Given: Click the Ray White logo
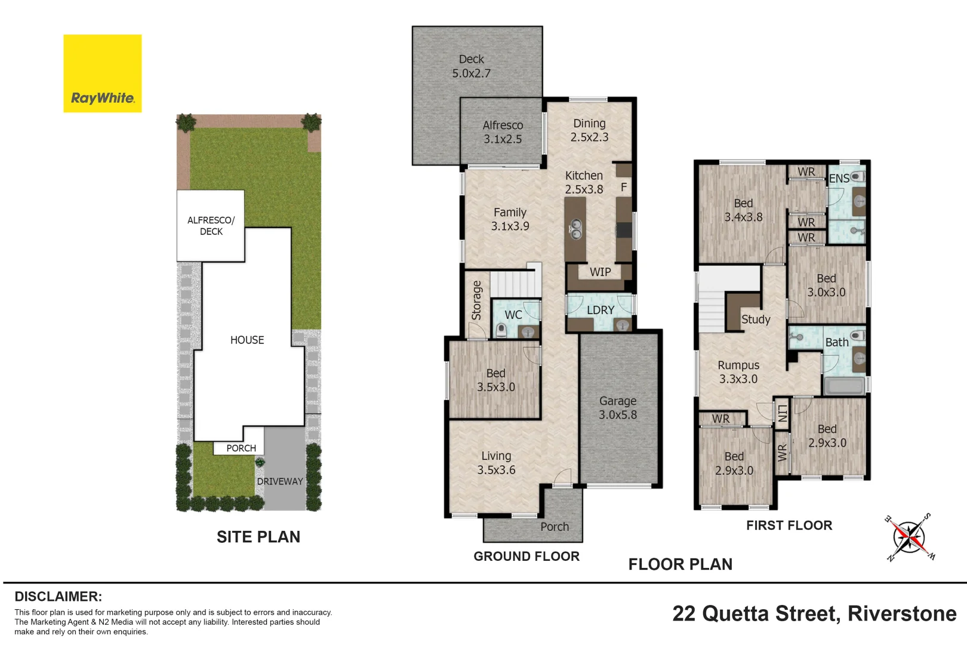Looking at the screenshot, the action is pos(102,73).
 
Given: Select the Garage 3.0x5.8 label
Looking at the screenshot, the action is pos(618,408).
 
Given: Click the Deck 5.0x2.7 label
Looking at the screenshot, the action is pos(472,66).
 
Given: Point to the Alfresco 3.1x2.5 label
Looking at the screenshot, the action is pos(503,132).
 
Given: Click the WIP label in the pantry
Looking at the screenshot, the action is pos(600,272).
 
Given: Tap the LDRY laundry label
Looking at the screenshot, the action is pos(600,310).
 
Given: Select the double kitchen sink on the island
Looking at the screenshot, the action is pos(576,229).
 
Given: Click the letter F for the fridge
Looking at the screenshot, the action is pos(624,187).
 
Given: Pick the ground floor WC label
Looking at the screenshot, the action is pos(513,315).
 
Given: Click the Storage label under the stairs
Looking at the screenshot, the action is pos(476,300).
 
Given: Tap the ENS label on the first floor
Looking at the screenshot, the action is pos(839,179).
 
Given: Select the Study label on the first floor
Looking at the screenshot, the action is pos(756,320).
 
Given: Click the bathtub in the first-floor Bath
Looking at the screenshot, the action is pos(845,386).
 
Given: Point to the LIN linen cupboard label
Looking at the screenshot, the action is pos(782,413).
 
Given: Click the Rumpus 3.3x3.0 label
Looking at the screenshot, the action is pos(738,372).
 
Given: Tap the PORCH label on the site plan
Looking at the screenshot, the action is pos(241,448).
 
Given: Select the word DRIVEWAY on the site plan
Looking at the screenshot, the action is pos(280,481).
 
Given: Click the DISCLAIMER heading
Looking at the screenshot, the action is pos(58,596).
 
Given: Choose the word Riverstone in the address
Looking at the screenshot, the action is pos(903,613).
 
